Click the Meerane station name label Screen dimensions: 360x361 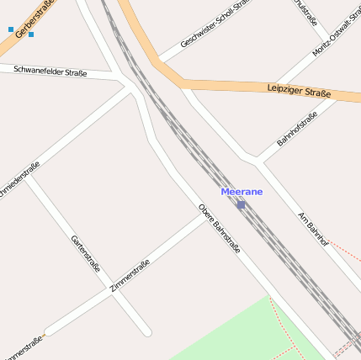242,192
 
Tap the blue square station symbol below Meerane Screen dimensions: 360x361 241,204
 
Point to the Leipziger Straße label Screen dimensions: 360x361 299,91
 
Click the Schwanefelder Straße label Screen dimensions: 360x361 50,71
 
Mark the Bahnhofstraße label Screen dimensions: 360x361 296,128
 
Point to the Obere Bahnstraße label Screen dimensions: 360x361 220,229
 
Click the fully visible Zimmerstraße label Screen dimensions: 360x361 130,275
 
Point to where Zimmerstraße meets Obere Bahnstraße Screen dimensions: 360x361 204,215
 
